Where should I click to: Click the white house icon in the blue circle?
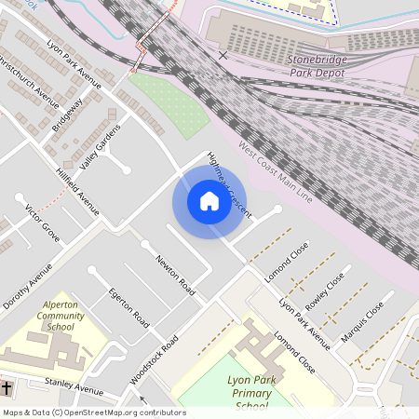tap(209, 201)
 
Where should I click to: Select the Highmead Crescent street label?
tap(229, 184)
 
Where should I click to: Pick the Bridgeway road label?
tap(67, 115)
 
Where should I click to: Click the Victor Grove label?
tap(42, 223)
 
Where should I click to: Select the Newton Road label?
tap(175, 272)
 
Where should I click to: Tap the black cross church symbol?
tap(7, 386)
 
